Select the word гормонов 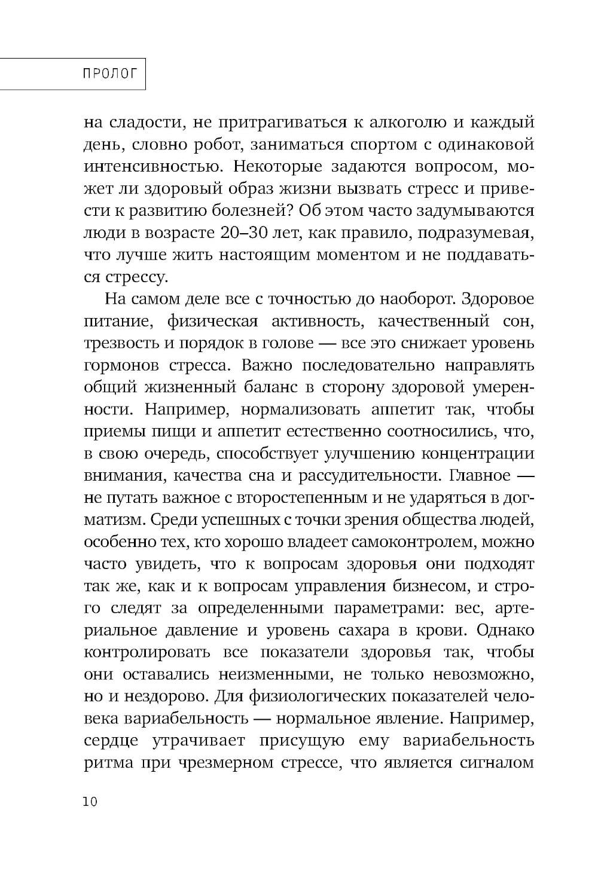pyautogui.click(x=118, y=365)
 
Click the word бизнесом pyautogui.click(x=441, y=586)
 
